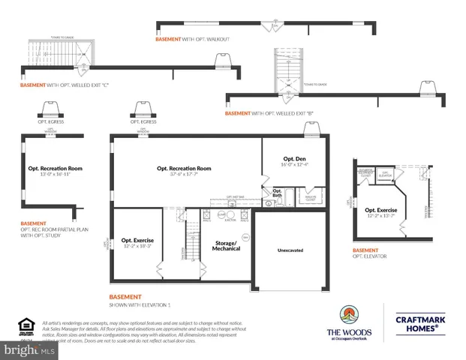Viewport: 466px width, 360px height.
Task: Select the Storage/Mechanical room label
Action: click(225, 245)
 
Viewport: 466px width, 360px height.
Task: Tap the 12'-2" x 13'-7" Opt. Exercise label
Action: click(380, 212)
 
